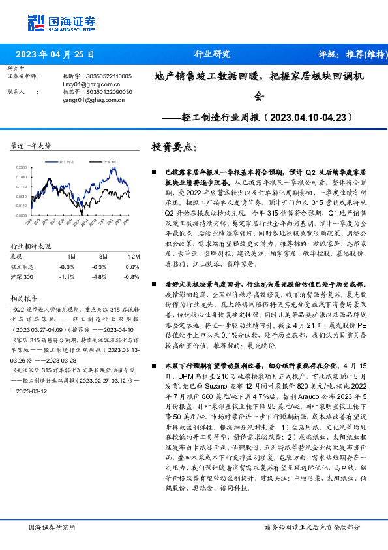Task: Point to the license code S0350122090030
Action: click(108, 93)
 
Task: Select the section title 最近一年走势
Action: click(31, 146)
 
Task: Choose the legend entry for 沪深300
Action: click(110, 159)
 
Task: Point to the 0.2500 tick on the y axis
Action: click(22, 168)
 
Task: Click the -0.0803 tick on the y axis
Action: click(22, 214)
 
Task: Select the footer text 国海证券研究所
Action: click(52, 526)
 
